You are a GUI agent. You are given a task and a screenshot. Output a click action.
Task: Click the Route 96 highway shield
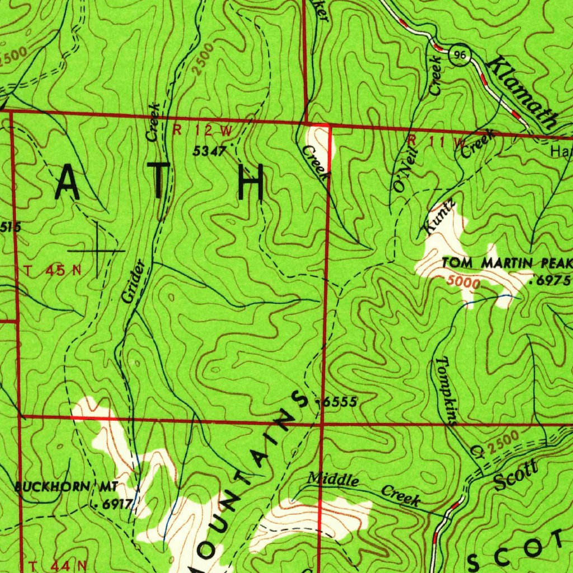click(x=461, y=55)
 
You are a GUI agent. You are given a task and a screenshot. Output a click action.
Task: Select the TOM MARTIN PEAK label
click(x=507, y=262)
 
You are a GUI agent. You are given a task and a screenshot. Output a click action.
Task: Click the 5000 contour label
click(x=463, y=283)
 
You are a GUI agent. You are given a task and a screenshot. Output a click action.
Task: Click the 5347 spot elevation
click(x=209, y=151)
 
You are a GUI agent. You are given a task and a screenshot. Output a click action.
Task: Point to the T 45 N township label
click(x=53, y=271)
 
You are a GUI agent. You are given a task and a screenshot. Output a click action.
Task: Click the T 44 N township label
click(x=58, y=565)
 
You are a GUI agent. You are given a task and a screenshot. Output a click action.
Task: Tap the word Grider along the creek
click(x=135, y=281)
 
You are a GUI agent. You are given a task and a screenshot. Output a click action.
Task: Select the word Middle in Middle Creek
click(x=333, y=480)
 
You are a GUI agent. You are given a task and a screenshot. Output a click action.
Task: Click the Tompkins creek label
click(x=448, y=392)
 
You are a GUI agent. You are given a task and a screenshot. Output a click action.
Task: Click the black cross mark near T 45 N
click(x=98, y=250)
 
